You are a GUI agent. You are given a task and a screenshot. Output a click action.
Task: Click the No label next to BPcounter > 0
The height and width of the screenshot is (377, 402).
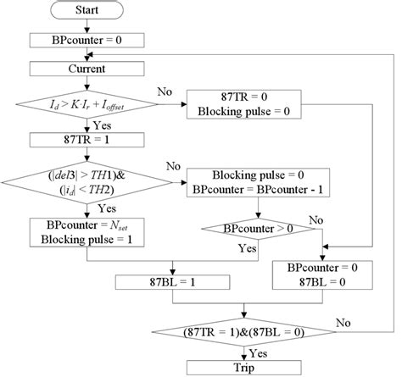pos(315,219)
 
